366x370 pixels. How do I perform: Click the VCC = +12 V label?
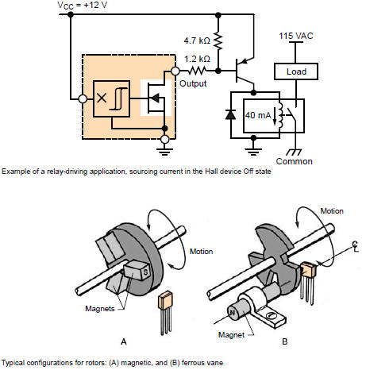click(x=83, y=6)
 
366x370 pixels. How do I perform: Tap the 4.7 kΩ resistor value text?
click(x=197, y=40)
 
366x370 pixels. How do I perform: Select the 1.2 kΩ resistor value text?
click(x=197, y=59)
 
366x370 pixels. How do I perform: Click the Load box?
click(x=296, y=71)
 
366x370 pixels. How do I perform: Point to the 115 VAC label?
click(x=296, y=36)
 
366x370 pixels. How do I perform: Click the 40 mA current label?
click(x=258, y=115)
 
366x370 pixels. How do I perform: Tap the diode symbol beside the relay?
click(x=230, y=114)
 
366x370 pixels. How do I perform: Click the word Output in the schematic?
click(x=193, y=83)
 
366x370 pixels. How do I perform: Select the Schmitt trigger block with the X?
click(x=111, y=98)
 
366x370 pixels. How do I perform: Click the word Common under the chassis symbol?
click(x=294, y=161)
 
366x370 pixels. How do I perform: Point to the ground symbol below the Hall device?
click(x=164, y=152)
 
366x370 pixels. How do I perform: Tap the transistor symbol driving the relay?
click(x=244, y=71)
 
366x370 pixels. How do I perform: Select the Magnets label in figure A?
click(x=100, y=309)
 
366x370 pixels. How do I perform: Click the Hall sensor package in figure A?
click(x=165, y=313)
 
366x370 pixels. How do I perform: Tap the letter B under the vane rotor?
click(x=285, y=341)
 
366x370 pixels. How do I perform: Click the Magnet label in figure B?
click(x=231, y=335)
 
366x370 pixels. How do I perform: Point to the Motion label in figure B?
click(x=332, y=211)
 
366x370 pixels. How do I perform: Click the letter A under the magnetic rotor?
click(x=124, y=341)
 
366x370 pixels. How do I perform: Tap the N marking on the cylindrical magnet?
click(x=232, y=313)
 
